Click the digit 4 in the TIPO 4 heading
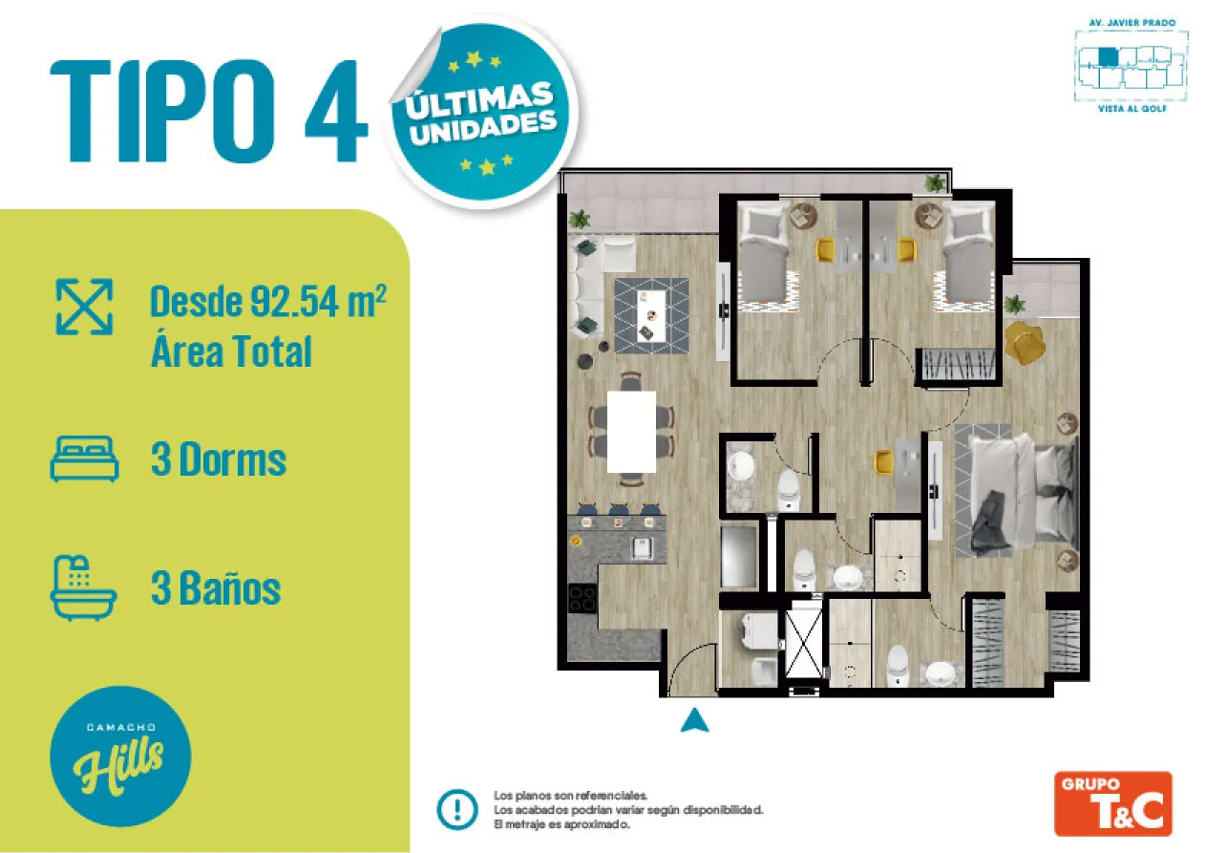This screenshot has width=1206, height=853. pyautogui.click(x=336, y=111)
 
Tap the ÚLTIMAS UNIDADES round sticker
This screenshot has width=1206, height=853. pyautogui.click(x=482, y=113)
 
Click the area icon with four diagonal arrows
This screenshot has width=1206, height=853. pyautogui.click(x=84, y=307)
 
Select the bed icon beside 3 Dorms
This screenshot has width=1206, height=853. pyautogui.click(x=85, y=458)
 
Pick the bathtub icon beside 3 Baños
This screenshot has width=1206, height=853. pyautogui.click(x=83, y=587)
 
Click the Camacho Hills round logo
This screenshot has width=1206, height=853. pyautogui.click(x=120, y=757)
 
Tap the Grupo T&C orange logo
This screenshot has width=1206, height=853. pyautogui.click(x=1112, y=803)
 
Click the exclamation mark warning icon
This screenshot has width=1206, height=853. pyautogui.click(x=457, y=809)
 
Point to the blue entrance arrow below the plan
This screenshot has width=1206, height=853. pyautogui.click(x=694, y=720)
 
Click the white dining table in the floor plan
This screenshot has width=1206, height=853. pyautogui.click(x=631, y=432)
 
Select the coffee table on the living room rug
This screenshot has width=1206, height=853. pyautogui.click(x=652, y=315)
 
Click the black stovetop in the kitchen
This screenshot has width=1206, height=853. pyautogui.click(x=582, y=598)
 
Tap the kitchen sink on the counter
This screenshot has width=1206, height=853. pyautogui.click(x=643, y=547)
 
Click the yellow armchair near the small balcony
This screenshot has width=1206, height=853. pyautogui.click(x=1024, y=342)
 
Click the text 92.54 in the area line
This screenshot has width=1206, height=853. pyautogui.click(x=295, y=302)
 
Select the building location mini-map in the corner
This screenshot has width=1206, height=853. pyautogui.click(x=1132, y=66)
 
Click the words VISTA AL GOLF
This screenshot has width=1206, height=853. pyautogui.click(x=1132, y=109)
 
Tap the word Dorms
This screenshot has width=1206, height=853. pyautogui.click(x=233, y=459)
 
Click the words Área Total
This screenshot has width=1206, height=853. pyautogui.click(x=231, y=352)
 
